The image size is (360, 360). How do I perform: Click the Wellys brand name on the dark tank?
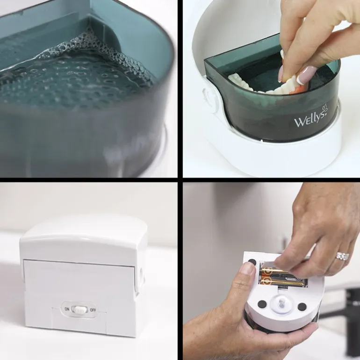pyautogui.click(x=310, y=120)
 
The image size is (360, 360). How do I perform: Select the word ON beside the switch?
pyautogui.click(x=67, y=309)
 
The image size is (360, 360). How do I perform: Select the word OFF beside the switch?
pyautogui.click(x=93, y=310)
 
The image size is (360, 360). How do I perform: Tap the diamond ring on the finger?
pyautogui.click(x=343, y=256)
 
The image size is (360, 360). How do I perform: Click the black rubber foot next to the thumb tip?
pyautogui.click(x=252, y=262)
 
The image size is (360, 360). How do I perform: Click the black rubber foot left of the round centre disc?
pyautogui.click(x=262, y=304)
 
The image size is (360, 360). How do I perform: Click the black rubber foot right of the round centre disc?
pyautogui.click(x=302, y=307)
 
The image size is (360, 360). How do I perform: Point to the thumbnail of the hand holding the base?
pyautogui.click(x=247, y=269)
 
